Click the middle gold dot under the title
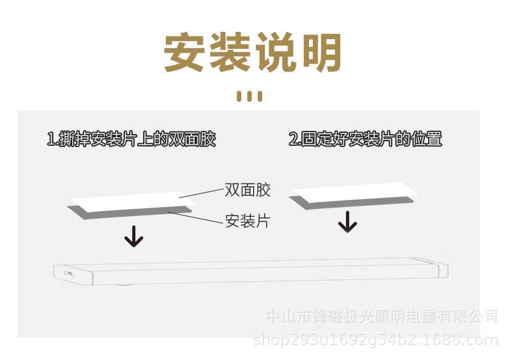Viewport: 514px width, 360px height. [250, 96]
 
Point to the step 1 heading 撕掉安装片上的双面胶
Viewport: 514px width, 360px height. [131, 139]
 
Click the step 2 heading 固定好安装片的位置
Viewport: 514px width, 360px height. [365, 139]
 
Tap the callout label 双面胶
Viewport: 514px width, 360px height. [247, 190]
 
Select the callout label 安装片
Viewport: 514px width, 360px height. [247, 221]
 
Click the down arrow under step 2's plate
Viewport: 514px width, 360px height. [348, 222]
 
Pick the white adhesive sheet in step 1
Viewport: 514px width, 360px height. [124, 199]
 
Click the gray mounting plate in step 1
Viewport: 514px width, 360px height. [130, 212]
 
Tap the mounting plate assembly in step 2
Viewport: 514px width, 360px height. [351, 196]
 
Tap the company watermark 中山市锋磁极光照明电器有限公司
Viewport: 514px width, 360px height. [382, 317]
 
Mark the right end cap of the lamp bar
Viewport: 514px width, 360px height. [442, 270]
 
